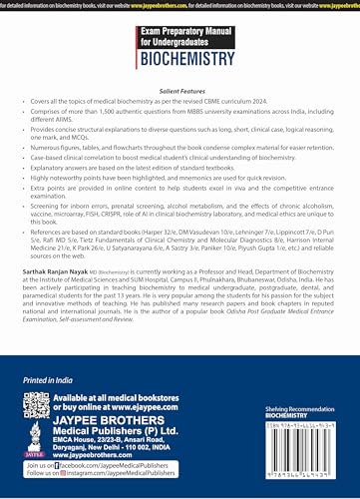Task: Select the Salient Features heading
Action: click(x=180, y=89)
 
